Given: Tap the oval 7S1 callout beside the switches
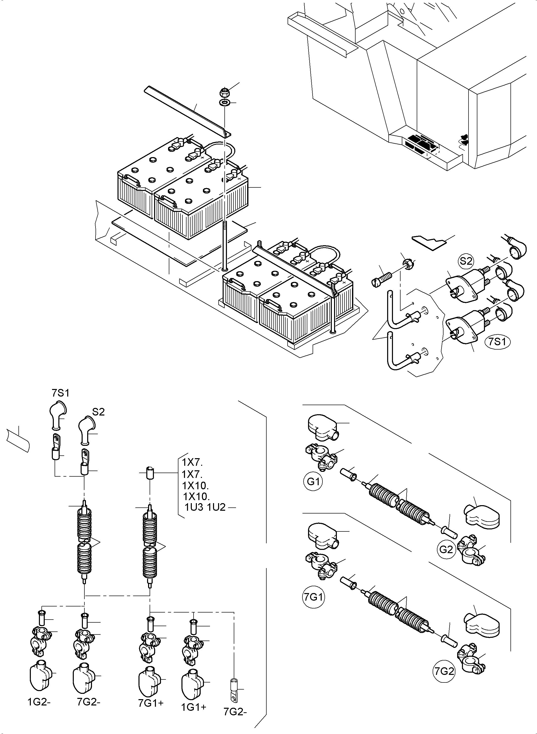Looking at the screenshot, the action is [x=497, y=343].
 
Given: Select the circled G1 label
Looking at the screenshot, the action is [x=313, y=481].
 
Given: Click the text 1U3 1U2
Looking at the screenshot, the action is [x=205, y=507].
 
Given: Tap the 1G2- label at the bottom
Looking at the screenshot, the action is [x=39, y=702].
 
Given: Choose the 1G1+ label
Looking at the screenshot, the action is [x=194, y=706].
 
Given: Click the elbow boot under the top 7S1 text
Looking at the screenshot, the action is [x=57, y=416].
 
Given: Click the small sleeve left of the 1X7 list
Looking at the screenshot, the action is [x=150, y=473].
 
